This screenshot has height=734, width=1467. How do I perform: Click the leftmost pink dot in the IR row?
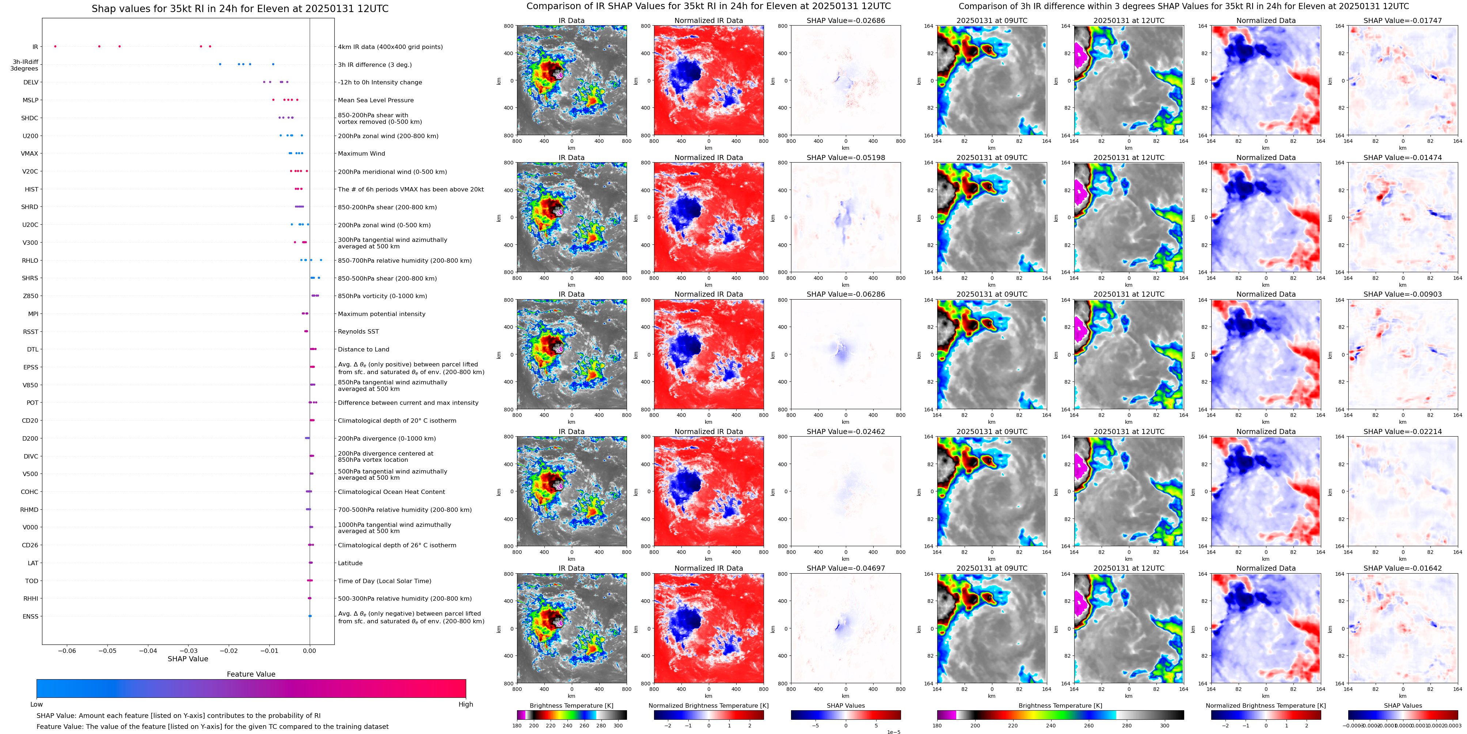click(55, 46)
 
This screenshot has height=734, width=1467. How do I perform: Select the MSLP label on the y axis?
click(30, 100)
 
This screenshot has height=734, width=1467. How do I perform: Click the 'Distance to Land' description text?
click(363, 350)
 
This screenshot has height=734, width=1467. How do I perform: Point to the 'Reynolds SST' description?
click(358, 331)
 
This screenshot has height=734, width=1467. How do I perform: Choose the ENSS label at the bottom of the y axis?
click(30, 616)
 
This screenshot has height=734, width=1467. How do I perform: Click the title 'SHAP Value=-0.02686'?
click(846, 20)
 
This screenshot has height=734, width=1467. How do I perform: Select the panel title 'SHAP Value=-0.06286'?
click(846, 294)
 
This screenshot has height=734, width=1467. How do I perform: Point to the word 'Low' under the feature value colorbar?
click(37, 704)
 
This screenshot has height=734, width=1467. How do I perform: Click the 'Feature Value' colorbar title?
click(251, 674)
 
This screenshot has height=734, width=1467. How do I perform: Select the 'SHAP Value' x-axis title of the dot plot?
click(188, 659)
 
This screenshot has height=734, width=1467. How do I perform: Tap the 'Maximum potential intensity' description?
click(381, 314)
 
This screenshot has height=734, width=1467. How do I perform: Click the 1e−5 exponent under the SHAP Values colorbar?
click(893, 732)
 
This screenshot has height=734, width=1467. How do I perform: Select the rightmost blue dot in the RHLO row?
click(321, 260)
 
